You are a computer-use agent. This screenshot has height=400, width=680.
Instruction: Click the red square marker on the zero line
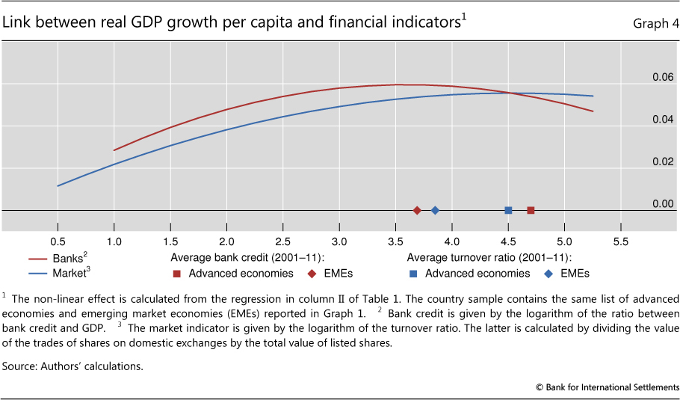[x=531, y=211]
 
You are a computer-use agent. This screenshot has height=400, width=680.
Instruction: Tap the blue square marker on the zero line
[x=508, y=211]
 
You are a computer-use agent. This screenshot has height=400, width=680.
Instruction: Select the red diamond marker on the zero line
[x=417, y=211]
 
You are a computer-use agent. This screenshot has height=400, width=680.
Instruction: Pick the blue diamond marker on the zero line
[x=435, y=211]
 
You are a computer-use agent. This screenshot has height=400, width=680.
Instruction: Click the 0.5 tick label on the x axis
[x=58, y=242]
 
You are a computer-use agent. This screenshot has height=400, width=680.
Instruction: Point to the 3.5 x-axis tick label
[x=395, y=242]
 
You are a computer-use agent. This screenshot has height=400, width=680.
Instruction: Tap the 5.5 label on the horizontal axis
[x=620, y=242]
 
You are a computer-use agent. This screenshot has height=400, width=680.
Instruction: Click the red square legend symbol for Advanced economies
[x=176, y=273]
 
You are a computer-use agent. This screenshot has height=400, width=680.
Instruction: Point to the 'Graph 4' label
[x=652, y=22]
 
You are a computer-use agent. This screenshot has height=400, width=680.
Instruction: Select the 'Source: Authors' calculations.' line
[x=72, y=366]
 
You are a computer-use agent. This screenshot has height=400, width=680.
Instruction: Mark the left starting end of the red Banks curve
[x=114, y=150]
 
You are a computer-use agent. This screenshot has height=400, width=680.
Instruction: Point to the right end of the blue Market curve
[x=593, y=96]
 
